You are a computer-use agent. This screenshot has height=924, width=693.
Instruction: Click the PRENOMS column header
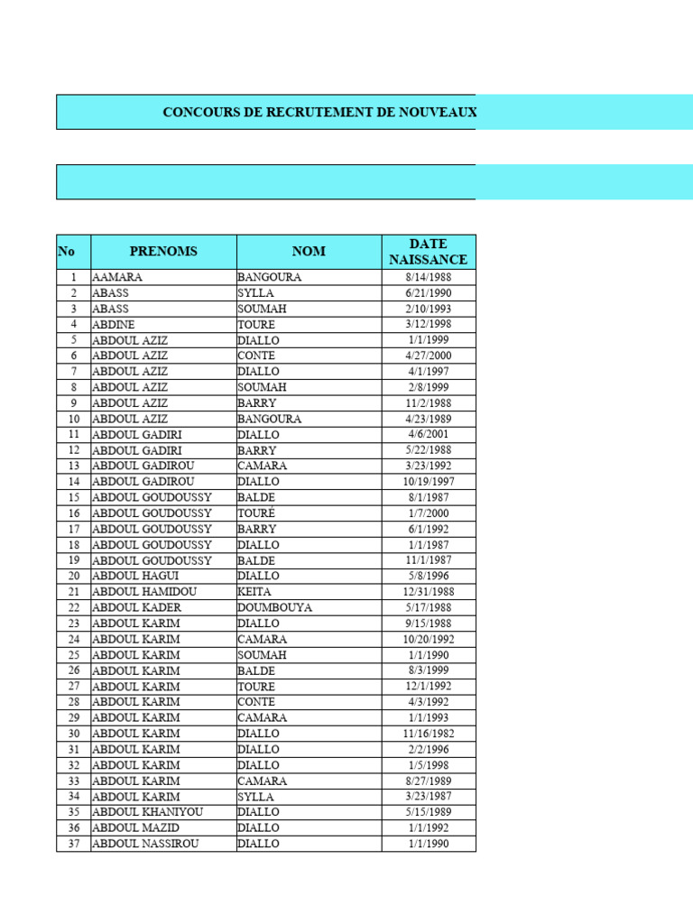point(163,252)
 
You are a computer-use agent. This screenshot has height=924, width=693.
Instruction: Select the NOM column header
point(309,252)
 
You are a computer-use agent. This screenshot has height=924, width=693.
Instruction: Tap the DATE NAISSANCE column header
point(428,252)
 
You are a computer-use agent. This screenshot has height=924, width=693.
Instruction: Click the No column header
point(66,252)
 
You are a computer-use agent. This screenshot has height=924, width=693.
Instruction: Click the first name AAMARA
point(117,277)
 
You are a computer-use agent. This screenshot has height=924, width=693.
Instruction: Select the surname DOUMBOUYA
point(274,607)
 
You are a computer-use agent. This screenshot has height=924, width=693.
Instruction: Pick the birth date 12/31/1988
point(428,592)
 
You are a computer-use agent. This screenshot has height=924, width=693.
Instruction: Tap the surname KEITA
point(254,592)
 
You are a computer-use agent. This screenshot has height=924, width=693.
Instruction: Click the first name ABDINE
point(115,324)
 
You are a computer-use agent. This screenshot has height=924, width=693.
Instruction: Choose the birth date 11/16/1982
point(428,734)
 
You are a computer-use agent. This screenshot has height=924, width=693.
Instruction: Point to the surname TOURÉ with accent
point(256,513)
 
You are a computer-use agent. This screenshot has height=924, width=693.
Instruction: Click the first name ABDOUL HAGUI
point(135,576)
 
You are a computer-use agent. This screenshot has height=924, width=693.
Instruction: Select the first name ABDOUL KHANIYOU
point(148,812)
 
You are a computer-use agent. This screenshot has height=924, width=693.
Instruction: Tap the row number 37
point(74,844)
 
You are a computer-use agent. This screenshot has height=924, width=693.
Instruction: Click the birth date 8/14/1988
point(428,277)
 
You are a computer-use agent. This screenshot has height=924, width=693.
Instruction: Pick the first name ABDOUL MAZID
point(136,827)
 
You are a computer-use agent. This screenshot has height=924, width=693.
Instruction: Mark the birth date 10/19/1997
point(428,482)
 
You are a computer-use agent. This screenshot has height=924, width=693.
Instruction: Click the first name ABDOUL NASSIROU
point(145,844)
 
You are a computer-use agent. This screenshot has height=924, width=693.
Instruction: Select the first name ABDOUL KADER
point(136,607)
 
